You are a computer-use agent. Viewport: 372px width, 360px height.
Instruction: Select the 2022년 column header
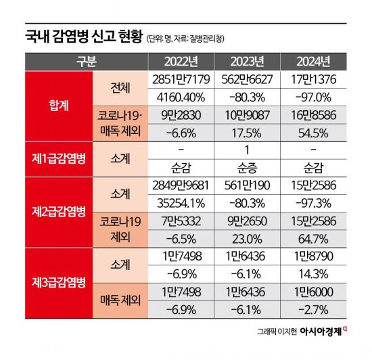point(181,61)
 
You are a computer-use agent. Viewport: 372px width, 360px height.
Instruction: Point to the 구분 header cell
point(87,61)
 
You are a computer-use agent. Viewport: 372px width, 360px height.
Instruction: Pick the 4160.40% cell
point(181,97)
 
